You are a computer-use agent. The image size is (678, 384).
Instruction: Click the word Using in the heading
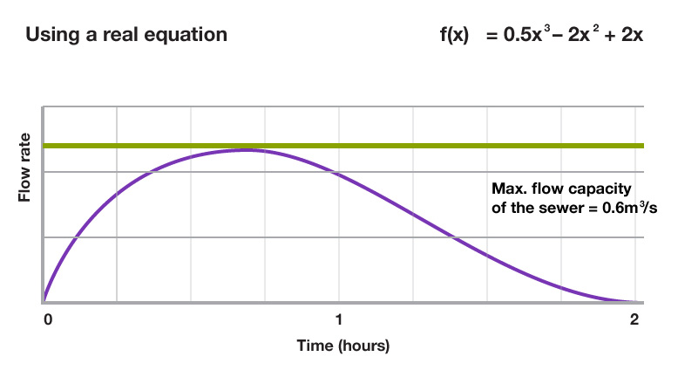click(51, 36)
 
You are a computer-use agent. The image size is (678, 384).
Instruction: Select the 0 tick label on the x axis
click(48, 319)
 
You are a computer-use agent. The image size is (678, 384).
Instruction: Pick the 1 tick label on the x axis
click(339, 319)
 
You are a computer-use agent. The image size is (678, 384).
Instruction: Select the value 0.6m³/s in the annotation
click(601, 209)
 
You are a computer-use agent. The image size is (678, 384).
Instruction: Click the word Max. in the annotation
click(508, 189)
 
